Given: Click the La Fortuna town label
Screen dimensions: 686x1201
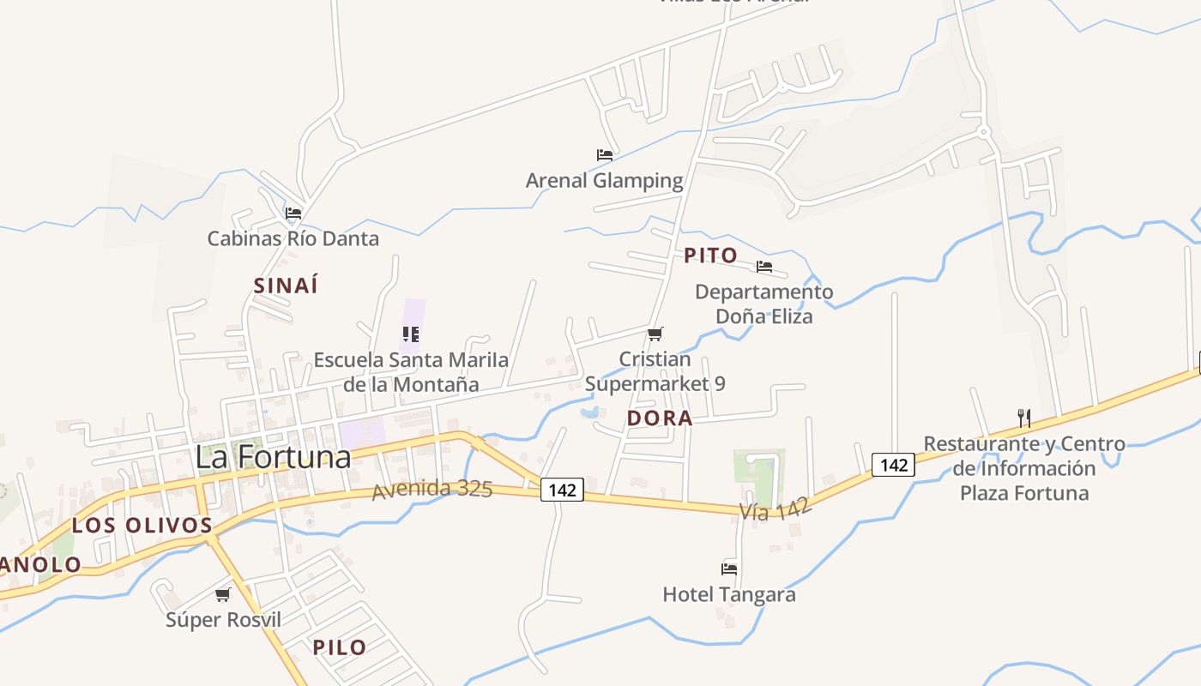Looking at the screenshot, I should pos(273,457).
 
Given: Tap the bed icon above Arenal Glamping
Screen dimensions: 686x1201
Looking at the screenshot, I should pos(605,155).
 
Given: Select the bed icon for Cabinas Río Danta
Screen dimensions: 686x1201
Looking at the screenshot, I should pos(293,213).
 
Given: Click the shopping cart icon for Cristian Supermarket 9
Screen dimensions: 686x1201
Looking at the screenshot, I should pos(655,334).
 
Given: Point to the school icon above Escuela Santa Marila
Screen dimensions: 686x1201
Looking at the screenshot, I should pos(411,334).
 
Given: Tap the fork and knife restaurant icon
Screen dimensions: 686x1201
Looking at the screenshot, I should pos(1023,418).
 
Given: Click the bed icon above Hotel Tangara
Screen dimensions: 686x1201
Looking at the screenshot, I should pos(729,569).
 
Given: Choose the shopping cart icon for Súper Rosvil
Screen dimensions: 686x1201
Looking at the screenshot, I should pos(223,594).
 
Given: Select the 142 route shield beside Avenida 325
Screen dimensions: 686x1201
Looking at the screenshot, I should pos(562,490).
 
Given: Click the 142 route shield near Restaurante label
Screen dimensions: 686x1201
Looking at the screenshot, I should pos(893,465).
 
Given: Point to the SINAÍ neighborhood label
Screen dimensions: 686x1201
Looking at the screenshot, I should pos(286,286).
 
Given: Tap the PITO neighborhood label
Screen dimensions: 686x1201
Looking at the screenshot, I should pos(710,255).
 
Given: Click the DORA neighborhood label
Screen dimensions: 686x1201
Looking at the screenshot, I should pos(660,418).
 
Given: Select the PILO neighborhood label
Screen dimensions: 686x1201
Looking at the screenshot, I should pos(340,647).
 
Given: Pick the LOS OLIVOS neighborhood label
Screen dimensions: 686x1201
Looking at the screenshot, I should pos(142,525).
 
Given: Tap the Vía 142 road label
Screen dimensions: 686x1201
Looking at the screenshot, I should pos(776,509).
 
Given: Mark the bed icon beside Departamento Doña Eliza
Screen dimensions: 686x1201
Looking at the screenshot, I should pos(764,267).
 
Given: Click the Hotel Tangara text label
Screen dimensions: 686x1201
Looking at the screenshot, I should pos(729,594).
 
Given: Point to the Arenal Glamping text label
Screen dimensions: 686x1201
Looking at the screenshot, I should pos(605,181).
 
